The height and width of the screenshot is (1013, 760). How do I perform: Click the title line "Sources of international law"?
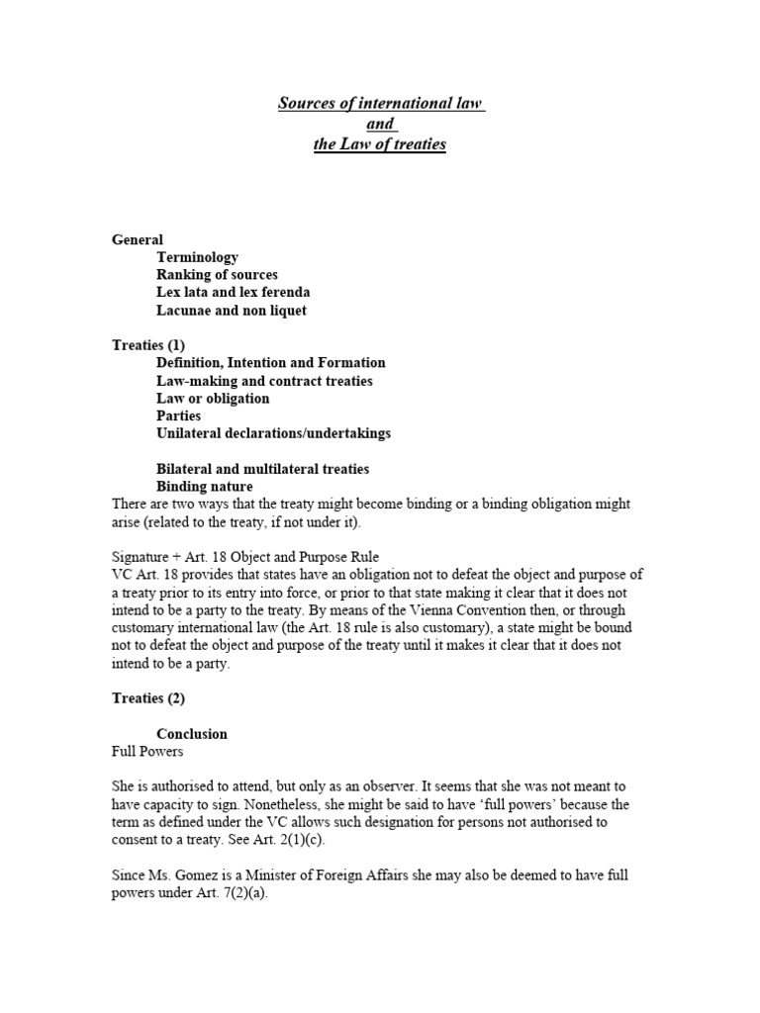(x=380, y=103)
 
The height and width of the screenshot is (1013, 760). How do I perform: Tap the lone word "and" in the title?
(x=380, y=124)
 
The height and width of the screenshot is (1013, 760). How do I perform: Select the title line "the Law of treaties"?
(x=380, y=144)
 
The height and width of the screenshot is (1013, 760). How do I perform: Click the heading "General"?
(x=138, y=239)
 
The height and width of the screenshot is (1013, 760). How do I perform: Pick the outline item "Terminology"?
(x=197, y=257)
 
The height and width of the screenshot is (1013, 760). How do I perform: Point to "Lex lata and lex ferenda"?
(x=233, y=293)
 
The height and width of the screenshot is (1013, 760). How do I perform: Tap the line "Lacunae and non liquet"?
(x=232, y=311)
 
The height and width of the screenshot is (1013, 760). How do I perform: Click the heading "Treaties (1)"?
(x=149, y=345)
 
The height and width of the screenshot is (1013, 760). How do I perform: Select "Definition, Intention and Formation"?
(x=270, y=363)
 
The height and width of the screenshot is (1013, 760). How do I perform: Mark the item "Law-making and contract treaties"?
(x=264, y=381)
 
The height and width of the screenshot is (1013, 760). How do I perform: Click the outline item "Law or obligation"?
(x=213, y=399)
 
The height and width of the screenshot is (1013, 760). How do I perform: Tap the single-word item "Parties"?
(x=179, y=416)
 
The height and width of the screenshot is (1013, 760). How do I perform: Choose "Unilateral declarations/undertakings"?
(x=273, y=433)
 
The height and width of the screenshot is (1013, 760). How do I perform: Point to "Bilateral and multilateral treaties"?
(x=262, y=469)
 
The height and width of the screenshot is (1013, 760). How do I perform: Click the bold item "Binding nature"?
(x=205, y=487)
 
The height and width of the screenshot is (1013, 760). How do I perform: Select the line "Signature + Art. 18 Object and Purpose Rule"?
(x=245, y=557)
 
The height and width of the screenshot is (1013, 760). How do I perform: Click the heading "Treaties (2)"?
(x=149, y=698)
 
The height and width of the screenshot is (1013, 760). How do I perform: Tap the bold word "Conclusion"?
(x=192, y=734)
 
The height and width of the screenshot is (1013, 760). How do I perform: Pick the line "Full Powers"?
(x=145, y=752)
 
